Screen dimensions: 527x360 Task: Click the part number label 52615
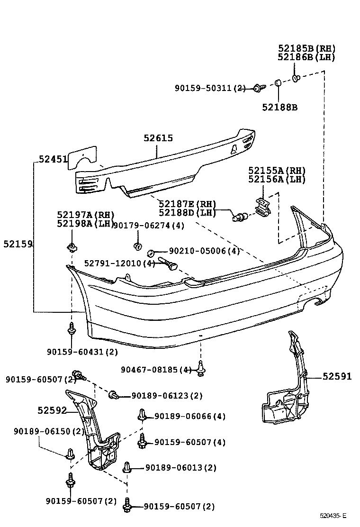tap(158, 138)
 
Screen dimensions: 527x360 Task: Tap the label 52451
tap(53, 160)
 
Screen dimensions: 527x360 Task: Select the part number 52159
tap(18, 244)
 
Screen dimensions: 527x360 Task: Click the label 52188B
tap(279, 107)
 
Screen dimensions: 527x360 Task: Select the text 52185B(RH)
tap(306, 48)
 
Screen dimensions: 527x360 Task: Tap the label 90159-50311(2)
tap(211, 88)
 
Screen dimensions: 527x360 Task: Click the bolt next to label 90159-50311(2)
tap(257, 88)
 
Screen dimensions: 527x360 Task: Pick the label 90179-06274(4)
tap(149, 226)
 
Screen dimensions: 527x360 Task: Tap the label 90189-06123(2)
tap(167, 395)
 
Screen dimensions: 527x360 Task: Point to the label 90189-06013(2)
tap(180, 467)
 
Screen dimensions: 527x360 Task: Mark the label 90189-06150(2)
tap(49, 431)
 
